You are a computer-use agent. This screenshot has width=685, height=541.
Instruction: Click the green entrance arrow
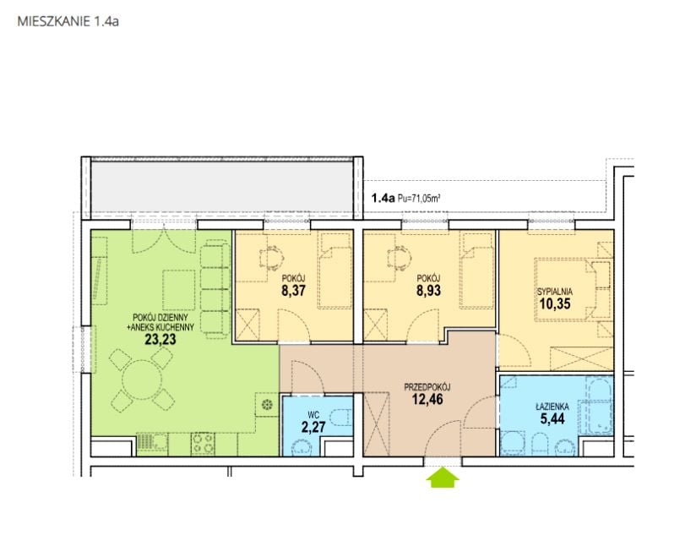[x=443, y=477]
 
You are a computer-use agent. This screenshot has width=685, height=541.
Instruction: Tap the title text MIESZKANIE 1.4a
[x=68, y=21]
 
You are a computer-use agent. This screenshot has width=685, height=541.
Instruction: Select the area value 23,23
[x=160, y=339]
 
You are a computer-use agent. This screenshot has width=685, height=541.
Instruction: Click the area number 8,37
[x=293, y=291]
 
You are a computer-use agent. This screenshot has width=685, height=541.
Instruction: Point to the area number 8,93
[x=428, y=291]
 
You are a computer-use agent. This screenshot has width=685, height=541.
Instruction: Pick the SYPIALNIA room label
[x=555, y=292]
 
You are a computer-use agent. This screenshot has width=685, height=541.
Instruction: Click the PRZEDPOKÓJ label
[x=427, y=387]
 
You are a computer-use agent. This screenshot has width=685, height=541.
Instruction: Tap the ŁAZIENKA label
[x=552, y=407]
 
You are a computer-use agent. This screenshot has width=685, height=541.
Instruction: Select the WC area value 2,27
[x=313, y=427]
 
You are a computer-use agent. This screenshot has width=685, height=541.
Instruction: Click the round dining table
[x=142, y=380]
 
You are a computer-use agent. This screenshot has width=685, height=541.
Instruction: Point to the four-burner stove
[x=203, y=443]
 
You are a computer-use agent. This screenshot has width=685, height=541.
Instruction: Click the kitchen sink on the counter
[x=151, y=443]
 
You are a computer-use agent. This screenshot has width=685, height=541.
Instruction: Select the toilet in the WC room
[x=340, y=418]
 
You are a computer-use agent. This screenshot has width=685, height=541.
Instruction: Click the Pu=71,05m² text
[x=418, y=199]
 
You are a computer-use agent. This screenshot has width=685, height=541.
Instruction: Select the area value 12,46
[x=427, y=399]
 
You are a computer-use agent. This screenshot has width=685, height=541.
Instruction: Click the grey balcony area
[x=222, y=187]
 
